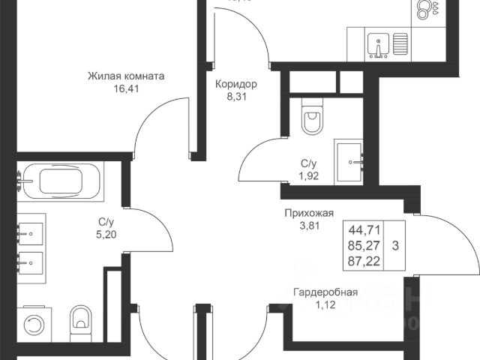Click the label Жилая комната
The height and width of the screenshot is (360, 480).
pyautogui.click(x=126, y=76)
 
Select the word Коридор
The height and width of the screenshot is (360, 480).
pyautogui.click(x=235, y=85)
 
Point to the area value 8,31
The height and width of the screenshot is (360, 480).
pyautogui.click(x=235, y=96)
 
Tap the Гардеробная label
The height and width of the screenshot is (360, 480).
pyautogui.click(x=325, y=292)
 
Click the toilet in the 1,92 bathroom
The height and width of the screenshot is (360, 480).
pyautogui.click(x=310, y=119)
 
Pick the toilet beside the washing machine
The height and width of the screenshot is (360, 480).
pyautogui.click(x=78, y=321)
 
